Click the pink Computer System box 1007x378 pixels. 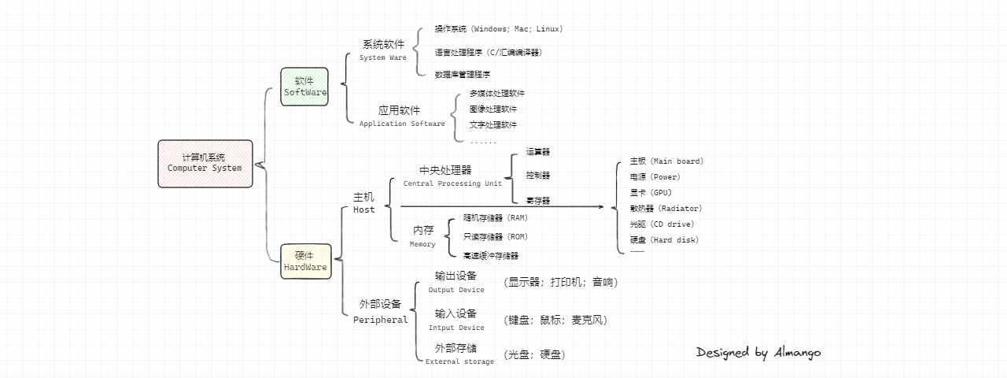pos(205,164)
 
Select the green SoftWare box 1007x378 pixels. pos(304,87)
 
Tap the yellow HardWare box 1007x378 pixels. pos(305,261)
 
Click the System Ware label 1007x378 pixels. pos(383,57)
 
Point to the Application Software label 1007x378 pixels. pos(402,124)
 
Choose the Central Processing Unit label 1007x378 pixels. pos(452,183)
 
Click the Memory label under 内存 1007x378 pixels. pos(422,244)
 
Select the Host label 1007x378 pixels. pos(364,210)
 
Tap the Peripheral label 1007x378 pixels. pos(381,320)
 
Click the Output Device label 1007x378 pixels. pos(456,290)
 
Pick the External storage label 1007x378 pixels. pos(460,361)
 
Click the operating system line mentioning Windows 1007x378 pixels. pos(499,29)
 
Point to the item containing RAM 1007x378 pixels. pos(495,217)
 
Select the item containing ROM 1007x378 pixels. pos(495,236)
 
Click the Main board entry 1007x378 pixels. pos(666,161)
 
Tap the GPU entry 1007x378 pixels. pos(651,193)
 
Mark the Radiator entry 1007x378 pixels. pos(666,209)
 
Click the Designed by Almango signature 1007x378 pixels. pos(758,353)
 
